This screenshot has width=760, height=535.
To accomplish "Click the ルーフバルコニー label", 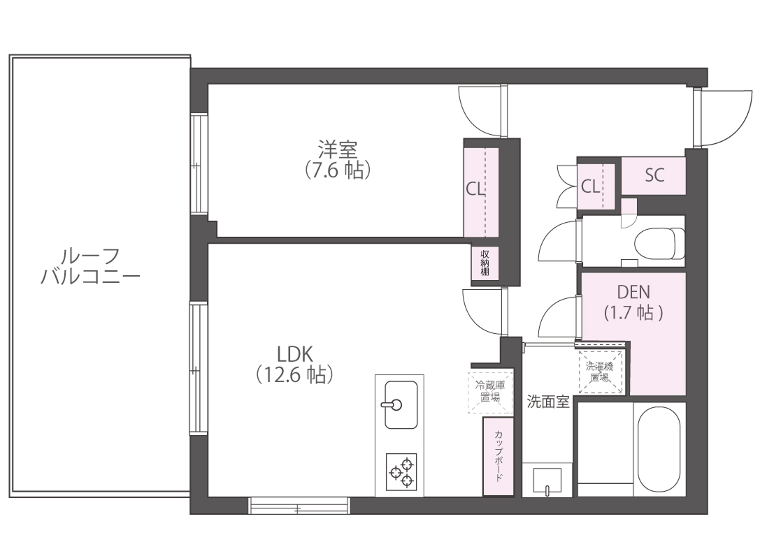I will tap(90, 266).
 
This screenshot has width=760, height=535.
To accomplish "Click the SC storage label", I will tap(654, 175).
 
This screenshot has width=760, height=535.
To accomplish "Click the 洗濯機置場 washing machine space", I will tap(600, 372).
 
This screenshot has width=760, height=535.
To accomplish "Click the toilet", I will tap(658, 242).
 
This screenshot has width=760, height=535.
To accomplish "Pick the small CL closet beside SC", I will tap(595, 186).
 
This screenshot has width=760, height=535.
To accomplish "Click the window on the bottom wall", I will tap(299, 504).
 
